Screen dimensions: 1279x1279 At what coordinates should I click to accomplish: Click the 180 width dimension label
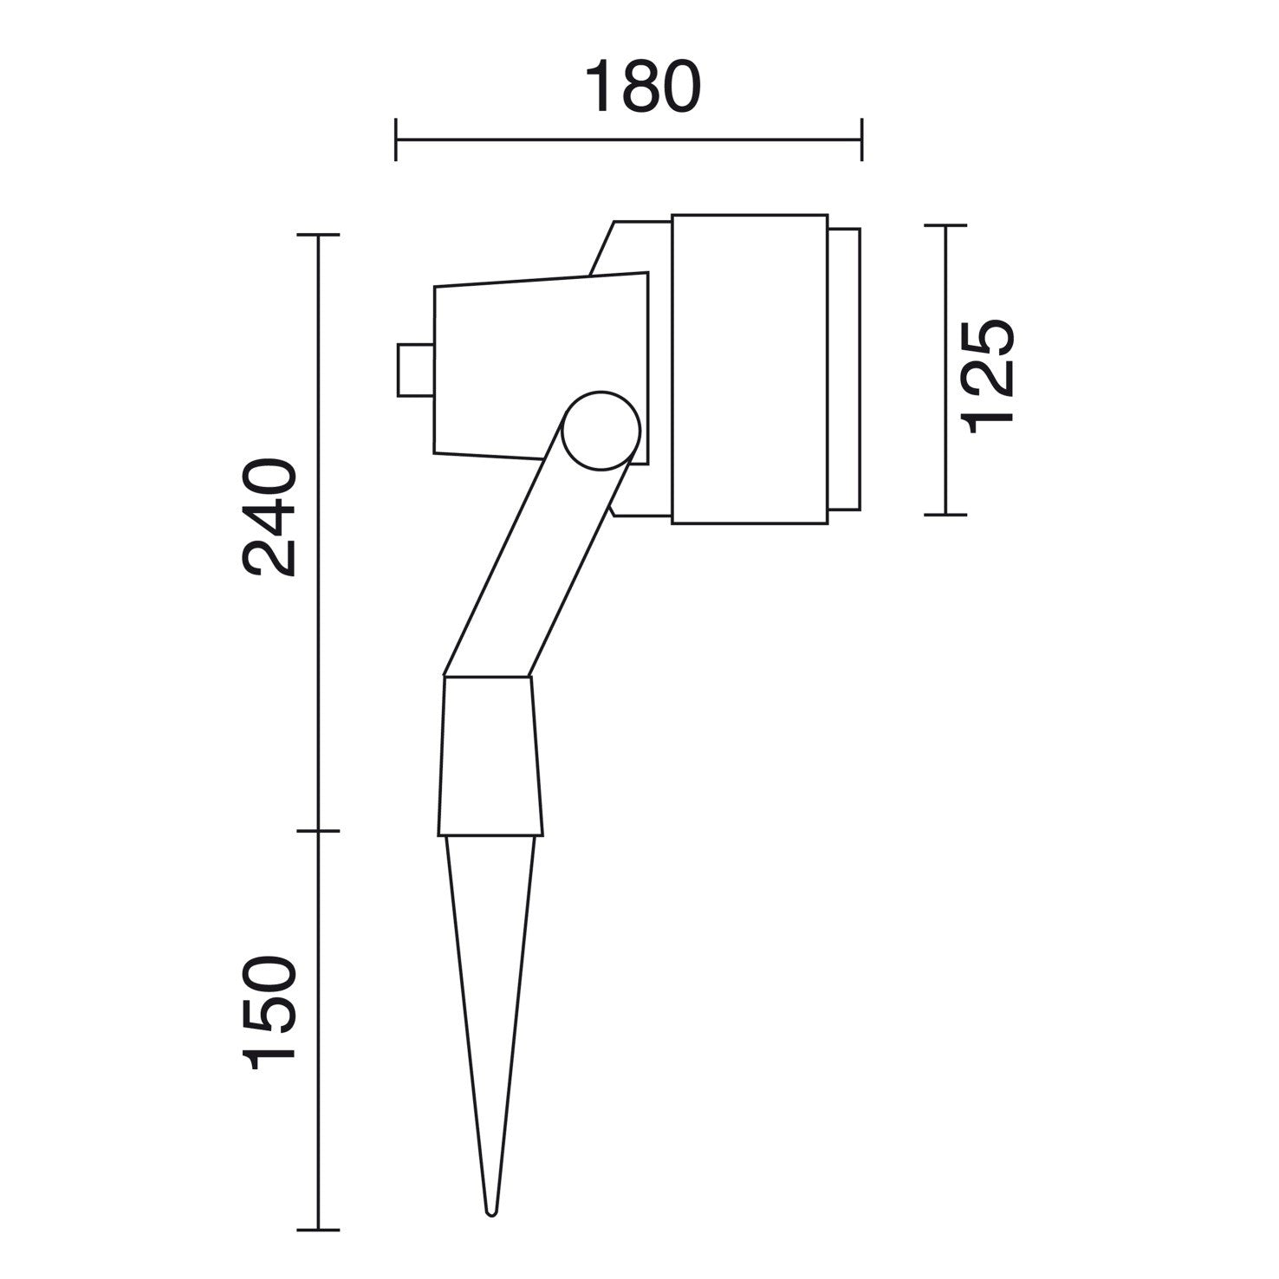point(642,87)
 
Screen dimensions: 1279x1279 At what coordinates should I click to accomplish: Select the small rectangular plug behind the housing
point(415,370)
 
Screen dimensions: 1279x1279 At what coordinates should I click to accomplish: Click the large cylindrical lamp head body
point(749,368)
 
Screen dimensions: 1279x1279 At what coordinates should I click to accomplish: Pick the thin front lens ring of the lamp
point(844,368)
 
